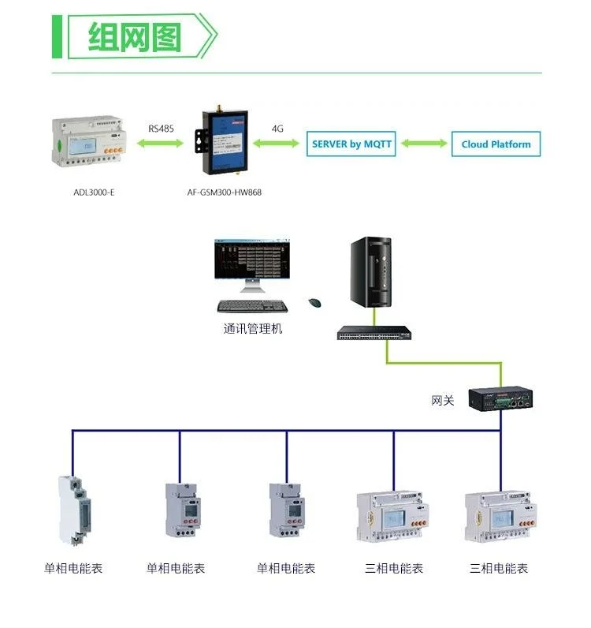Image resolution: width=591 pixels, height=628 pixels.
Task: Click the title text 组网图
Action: point(135,37)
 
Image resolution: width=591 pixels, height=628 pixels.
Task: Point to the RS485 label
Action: point(162,128)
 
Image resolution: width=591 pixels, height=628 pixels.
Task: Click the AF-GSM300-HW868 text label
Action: point(223,192)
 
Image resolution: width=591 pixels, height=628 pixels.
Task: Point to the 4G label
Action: point(277,128)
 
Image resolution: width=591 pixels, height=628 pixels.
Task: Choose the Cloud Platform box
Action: point(496,144)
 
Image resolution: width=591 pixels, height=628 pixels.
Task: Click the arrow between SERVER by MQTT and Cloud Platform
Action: point(423,144)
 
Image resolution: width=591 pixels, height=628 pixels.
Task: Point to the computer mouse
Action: point(315,302)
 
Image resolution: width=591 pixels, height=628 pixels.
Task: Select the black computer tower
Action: point(370,273)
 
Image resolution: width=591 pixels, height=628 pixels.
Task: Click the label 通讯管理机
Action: point(252,328)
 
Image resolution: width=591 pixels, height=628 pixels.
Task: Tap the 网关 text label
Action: point(443,401)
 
